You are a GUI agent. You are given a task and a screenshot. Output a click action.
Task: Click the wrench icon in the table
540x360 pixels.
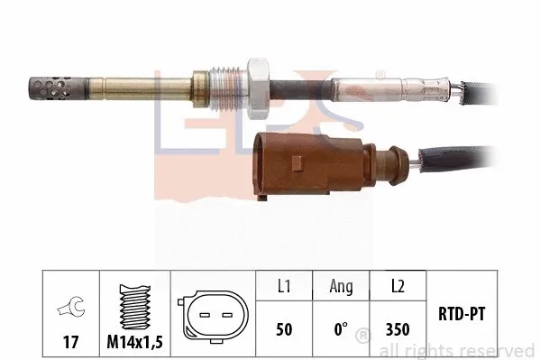[65, 307]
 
